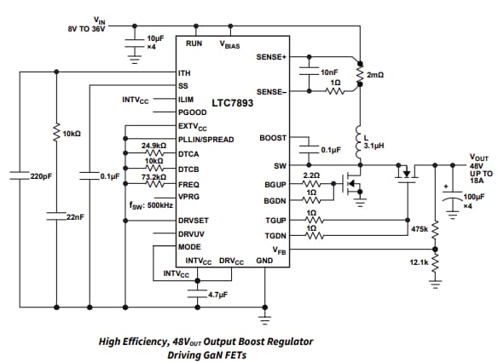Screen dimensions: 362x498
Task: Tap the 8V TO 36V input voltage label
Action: click(88, 28)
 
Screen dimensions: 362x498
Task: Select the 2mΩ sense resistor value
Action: click(375, 75)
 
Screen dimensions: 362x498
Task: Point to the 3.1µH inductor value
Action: click(376, 146)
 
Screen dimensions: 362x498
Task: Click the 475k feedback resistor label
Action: click(419, 229)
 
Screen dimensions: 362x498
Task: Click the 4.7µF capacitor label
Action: click(220, 294)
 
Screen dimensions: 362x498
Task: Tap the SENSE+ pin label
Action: click(271, 56)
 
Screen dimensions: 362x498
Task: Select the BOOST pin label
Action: click(273, 137)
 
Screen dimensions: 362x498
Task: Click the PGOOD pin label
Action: click(192, 112)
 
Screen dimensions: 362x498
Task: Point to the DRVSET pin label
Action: click(194, 221)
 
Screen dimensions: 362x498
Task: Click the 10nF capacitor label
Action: click(329, 73)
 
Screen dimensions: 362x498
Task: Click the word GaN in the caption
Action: click(224, 354)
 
